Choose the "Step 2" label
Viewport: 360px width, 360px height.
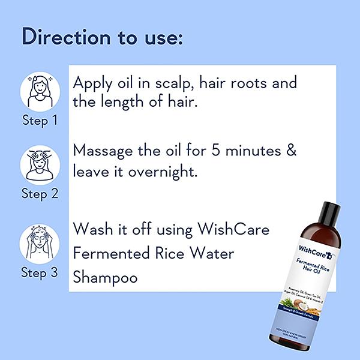40,193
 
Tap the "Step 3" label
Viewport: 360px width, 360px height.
40,272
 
